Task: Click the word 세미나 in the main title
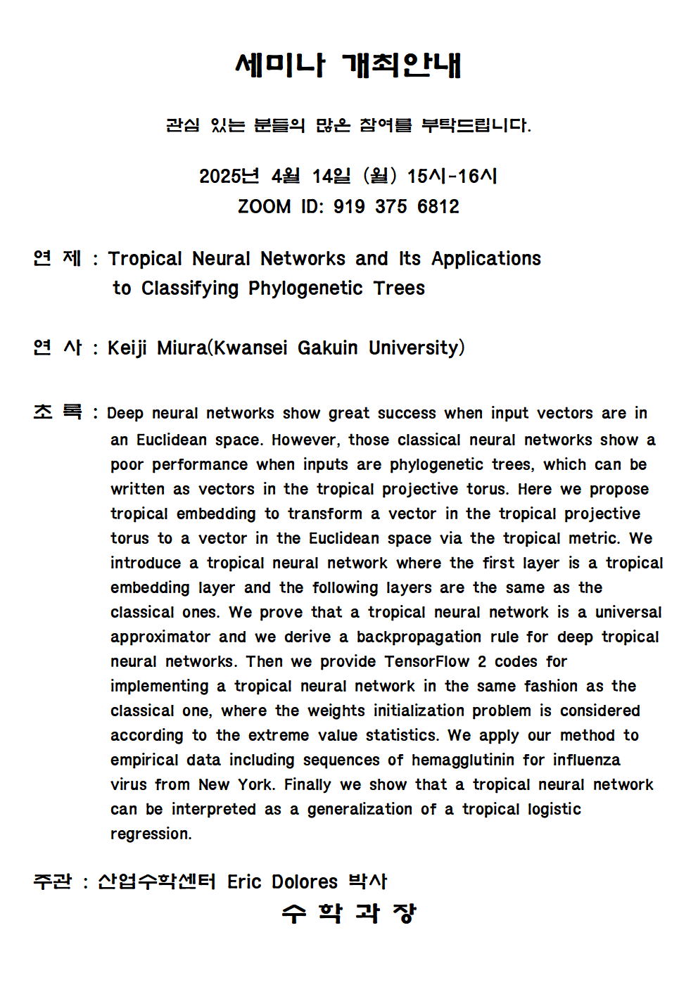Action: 280,65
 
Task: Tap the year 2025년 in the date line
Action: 229,176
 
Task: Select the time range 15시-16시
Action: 452,176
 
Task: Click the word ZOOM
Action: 264,207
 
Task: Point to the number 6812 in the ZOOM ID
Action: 438,207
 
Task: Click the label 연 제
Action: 58,259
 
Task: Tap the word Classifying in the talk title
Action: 190,288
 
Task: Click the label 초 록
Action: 58,412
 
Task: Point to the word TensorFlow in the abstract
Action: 426,662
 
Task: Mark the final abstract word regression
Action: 151,834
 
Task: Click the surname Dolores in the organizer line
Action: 305,882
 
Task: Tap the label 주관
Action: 52,882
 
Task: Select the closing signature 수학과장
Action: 349,914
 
